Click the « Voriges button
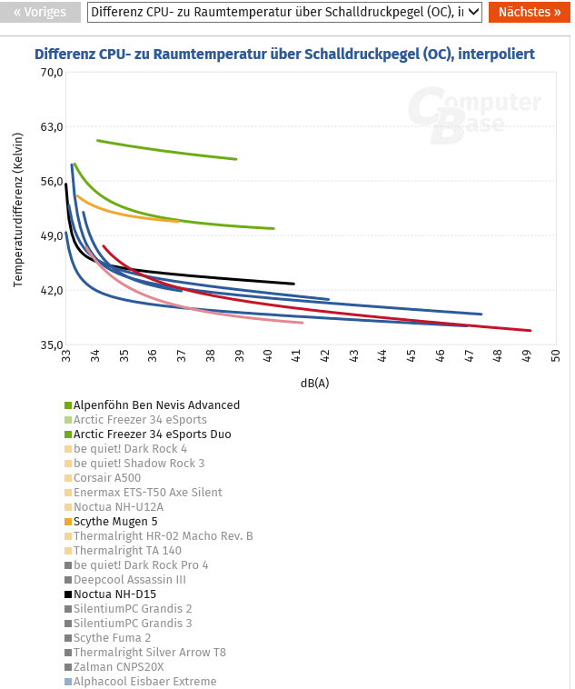tap(40, 13)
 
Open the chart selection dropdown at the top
tap(283, 13)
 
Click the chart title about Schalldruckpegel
tap(284, 55)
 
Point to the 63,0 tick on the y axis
tap(49, 127)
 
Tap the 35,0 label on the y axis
tap(49, 345)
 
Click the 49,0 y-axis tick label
tap(49, 236)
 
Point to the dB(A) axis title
tap(314, 383)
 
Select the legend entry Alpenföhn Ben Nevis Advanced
tap(156, 405)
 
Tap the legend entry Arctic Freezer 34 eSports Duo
tap(152, 434)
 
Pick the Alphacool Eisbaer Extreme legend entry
tap(144, 682)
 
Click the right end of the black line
tap(293, 284)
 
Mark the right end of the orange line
tap(180, 221)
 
